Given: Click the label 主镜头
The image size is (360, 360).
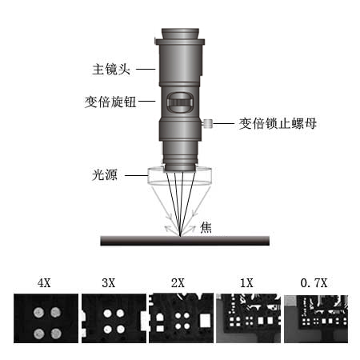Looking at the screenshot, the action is pyautogui.click(x=111, y=70).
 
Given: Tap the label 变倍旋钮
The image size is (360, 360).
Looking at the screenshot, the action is pyautogui.click(x=110, y=102).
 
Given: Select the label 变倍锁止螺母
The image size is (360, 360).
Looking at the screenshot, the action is pyautogui.click(x=278, y=123).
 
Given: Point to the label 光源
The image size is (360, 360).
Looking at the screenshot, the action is pyautogui.click(x=105, y=175).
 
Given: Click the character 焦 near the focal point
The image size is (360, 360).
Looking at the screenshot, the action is pyautogui.click(x=206, y=227).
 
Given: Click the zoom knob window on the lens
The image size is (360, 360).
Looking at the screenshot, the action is pyautogui.click(x=180, y=102).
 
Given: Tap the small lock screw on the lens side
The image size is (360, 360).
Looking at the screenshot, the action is pyautogui.click(x=207, y=124).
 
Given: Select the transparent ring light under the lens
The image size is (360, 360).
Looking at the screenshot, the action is pyautogui.click(x=180, y=176).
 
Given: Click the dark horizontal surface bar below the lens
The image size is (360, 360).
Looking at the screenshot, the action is pyautogui.click(x=185, y=241).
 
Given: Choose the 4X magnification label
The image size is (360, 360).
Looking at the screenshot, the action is pyautogui.click(x=44, y=282).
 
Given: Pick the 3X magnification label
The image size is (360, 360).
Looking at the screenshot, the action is pyautogui.click(x=109, y=282).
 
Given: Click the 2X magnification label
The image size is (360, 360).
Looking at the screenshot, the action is pyautogui.click(x=178, y=282).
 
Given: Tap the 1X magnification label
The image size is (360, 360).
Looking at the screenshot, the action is pyautogui.click(x=246, y=282).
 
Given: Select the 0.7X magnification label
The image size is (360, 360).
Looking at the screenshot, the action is pyautogui.click(x=314, y=282).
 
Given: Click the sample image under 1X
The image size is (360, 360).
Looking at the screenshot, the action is pyautogui.click(x=248, y=318).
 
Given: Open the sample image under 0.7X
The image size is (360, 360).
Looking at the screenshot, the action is pyautogui.click(x=316, y=318).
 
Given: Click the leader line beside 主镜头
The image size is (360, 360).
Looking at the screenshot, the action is pyautogui.click(x=146, y=69).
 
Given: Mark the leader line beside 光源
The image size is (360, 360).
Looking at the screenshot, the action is pyautogui.click(x=136, y=175).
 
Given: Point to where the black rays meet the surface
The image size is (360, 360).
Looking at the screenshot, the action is pyautogui.click(x=181, y=236).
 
